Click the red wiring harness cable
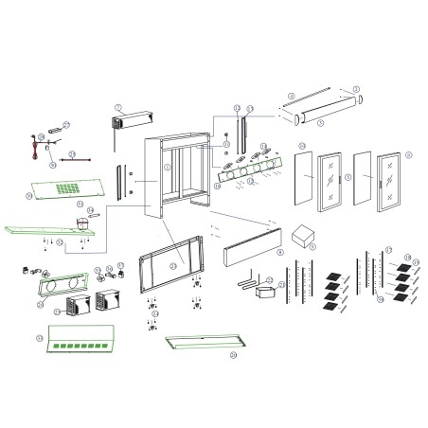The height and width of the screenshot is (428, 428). point(38,145)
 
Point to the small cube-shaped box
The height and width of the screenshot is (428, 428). point(305,236)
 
